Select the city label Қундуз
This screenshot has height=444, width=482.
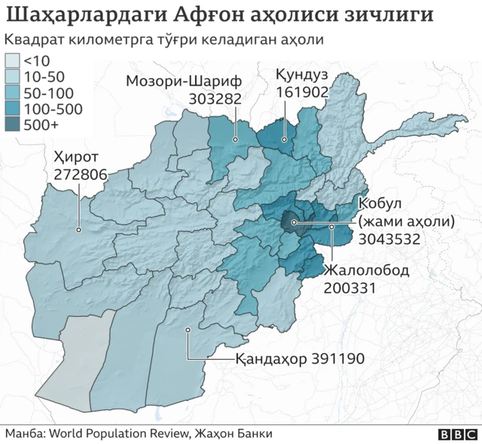[x=300, y=75]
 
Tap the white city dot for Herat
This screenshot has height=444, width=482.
[x=79, y=230]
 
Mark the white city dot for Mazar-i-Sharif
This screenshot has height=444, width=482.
[x=236, y=139]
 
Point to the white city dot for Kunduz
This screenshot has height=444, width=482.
[x=285, y=139]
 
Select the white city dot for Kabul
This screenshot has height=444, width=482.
[x=294, y=223]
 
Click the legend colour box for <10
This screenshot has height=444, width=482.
[x=13, y=60]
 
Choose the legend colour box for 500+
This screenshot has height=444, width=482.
[x=13, y=126]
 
